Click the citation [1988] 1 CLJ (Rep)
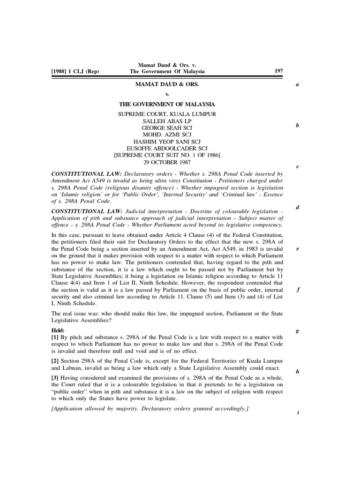point(78,71)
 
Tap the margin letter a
point(298,85)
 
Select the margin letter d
point(298,208)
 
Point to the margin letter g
point(298,331)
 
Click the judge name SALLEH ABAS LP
point(167,121)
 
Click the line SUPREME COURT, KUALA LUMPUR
point(167,114)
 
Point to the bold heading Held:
point(58,330)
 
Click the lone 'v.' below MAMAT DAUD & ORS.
point(167,95)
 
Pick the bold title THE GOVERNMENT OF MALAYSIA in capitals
point(167,105)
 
